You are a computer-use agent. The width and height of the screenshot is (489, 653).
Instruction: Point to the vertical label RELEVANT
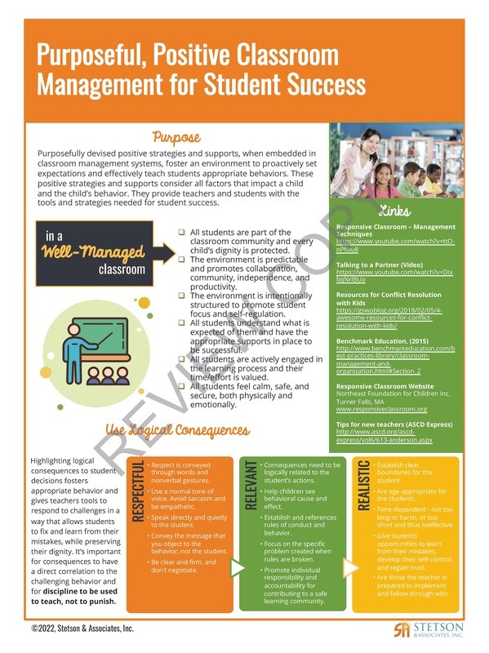click(251, 486)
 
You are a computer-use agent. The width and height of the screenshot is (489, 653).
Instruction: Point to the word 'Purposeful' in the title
click(92, 56)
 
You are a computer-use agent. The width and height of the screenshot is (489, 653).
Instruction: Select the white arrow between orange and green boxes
click(238, 566)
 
